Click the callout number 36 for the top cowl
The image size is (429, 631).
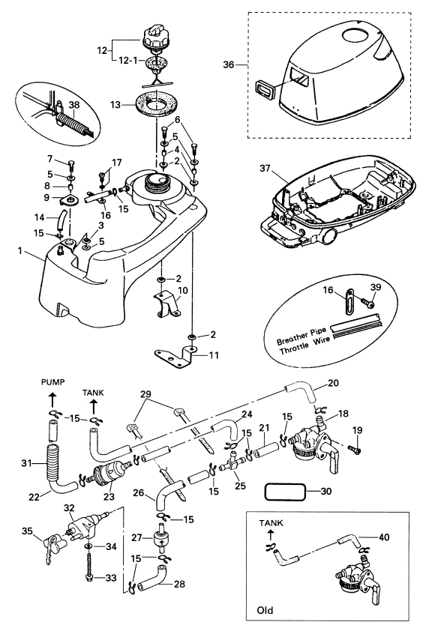229,64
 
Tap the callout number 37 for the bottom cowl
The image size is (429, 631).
265,167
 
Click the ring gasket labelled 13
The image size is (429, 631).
156,104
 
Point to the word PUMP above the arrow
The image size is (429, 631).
52,382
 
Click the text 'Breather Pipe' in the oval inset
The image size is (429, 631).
301,336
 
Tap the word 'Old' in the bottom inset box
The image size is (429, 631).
265,611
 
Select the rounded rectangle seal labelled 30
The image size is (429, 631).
284,492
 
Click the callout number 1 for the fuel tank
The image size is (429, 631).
19,251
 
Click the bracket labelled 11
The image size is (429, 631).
176,356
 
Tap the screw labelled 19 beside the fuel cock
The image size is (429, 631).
355,448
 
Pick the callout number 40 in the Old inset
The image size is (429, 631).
384,537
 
